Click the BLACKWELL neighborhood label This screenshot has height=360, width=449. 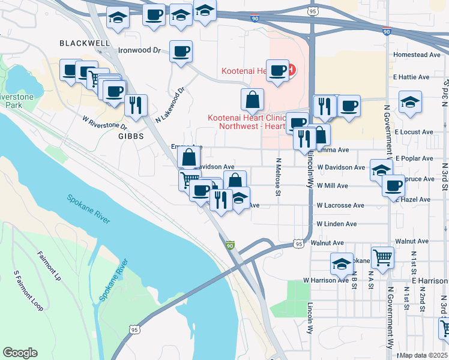pyautogui.click(x=85, y=43)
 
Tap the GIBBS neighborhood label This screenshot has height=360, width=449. pyautogui.click(x=127, y=137)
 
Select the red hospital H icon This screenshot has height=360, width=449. pyautogui.click(x=291, y=70)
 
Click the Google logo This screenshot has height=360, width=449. pyautogui.click(x=20, y=353)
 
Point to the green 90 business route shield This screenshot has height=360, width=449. pyautogui.click(x=231, y=245)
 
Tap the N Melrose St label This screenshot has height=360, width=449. pyautogui.click(x=278, y=176)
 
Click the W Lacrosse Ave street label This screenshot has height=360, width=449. pyautogui.click(x=340, y=205)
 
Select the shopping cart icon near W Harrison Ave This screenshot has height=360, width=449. pyautogui.click(x=382, y=257)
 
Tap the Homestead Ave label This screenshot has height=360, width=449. pyautogui.click(x=417, y=55)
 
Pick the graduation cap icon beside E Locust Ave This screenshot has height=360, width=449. pyautogui.click(x=410, y=101)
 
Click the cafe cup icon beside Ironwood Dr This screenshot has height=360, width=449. pyautogui.click(x=181, y=51)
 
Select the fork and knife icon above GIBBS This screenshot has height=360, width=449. pyautogui.click(x=136, y=105)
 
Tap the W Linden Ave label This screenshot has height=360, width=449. pyautogui.click(x=337, y=224)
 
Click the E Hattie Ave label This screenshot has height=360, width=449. pyautogui.click(x=412, y=77)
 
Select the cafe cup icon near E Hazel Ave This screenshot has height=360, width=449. pyautogui.click(x=393, y=185)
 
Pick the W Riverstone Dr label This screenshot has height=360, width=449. pyautogui.click(x=105, y=122)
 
